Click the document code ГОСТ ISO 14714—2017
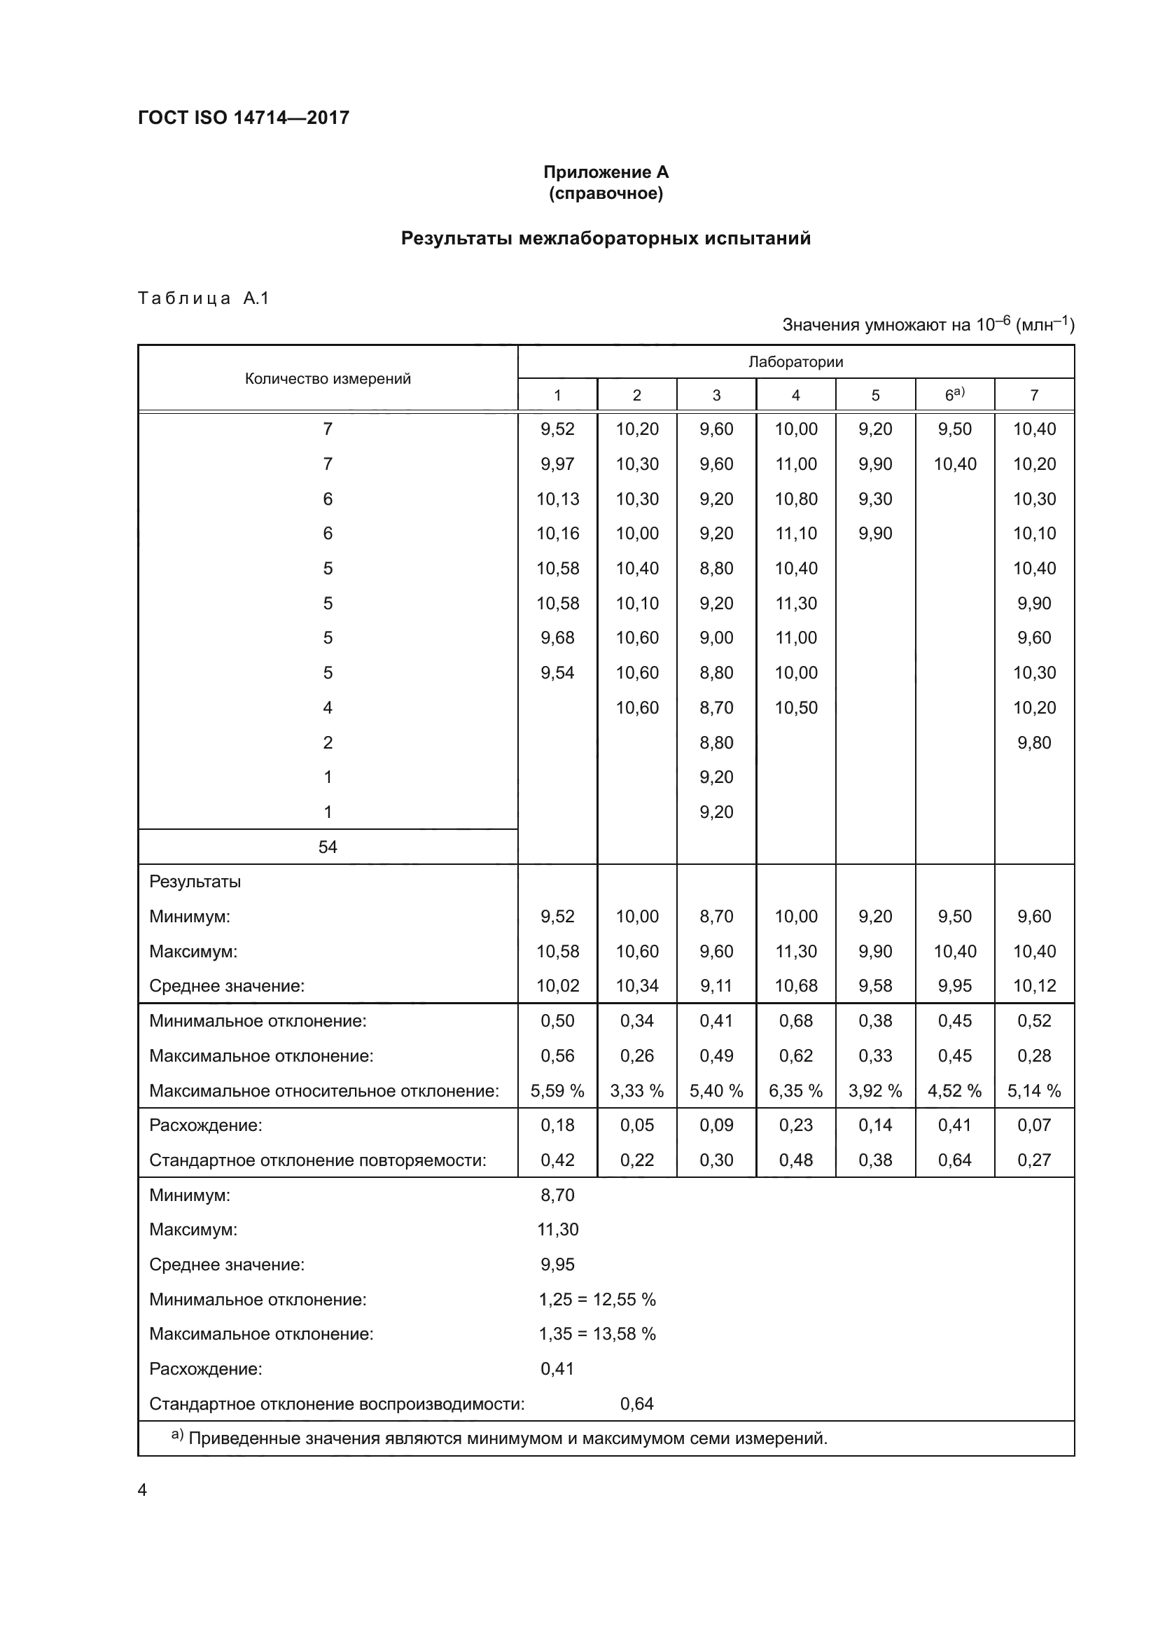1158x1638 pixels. coord(243,118)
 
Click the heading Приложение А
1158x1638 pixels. coord(606,172)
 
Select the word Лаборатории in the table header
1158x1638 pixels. coord(795,361)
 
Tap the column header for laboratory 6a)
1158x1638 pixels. coord(954,394)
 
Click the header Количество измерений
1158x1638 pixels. coord(327,379)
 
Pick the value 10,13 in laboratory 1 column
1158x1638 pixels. coord(557,499)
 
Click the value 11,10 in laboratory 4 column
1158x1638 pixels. coord(796,534)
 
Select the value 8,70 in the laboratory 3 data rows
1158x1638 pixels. coord(716,708)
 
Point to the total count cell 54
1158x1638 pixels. coord(327,847)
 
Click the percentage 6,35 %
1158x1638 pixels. coord(796,1091)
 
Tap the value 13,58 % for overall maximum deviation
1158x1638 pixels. coord(624,1334)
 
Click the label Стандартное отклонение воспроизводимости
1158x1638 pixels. coord(337,1404)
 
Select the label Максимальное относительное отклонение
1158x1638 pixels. coord(323,1091)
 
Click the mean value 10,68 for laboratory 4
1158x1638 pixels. coord(796,986)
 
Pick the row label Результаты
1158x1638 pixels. coord(195,882)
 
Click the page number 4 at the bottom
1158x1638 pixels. coord(142,1490)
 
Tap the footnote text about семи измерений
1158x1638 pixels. coord(507,1438)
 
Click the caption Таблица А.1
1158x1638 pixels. coord(203,298)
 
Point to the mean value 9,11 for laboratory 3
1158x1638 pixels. coord(716,986)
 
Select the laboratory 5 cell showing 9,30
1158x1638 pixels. coord(875,499)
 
